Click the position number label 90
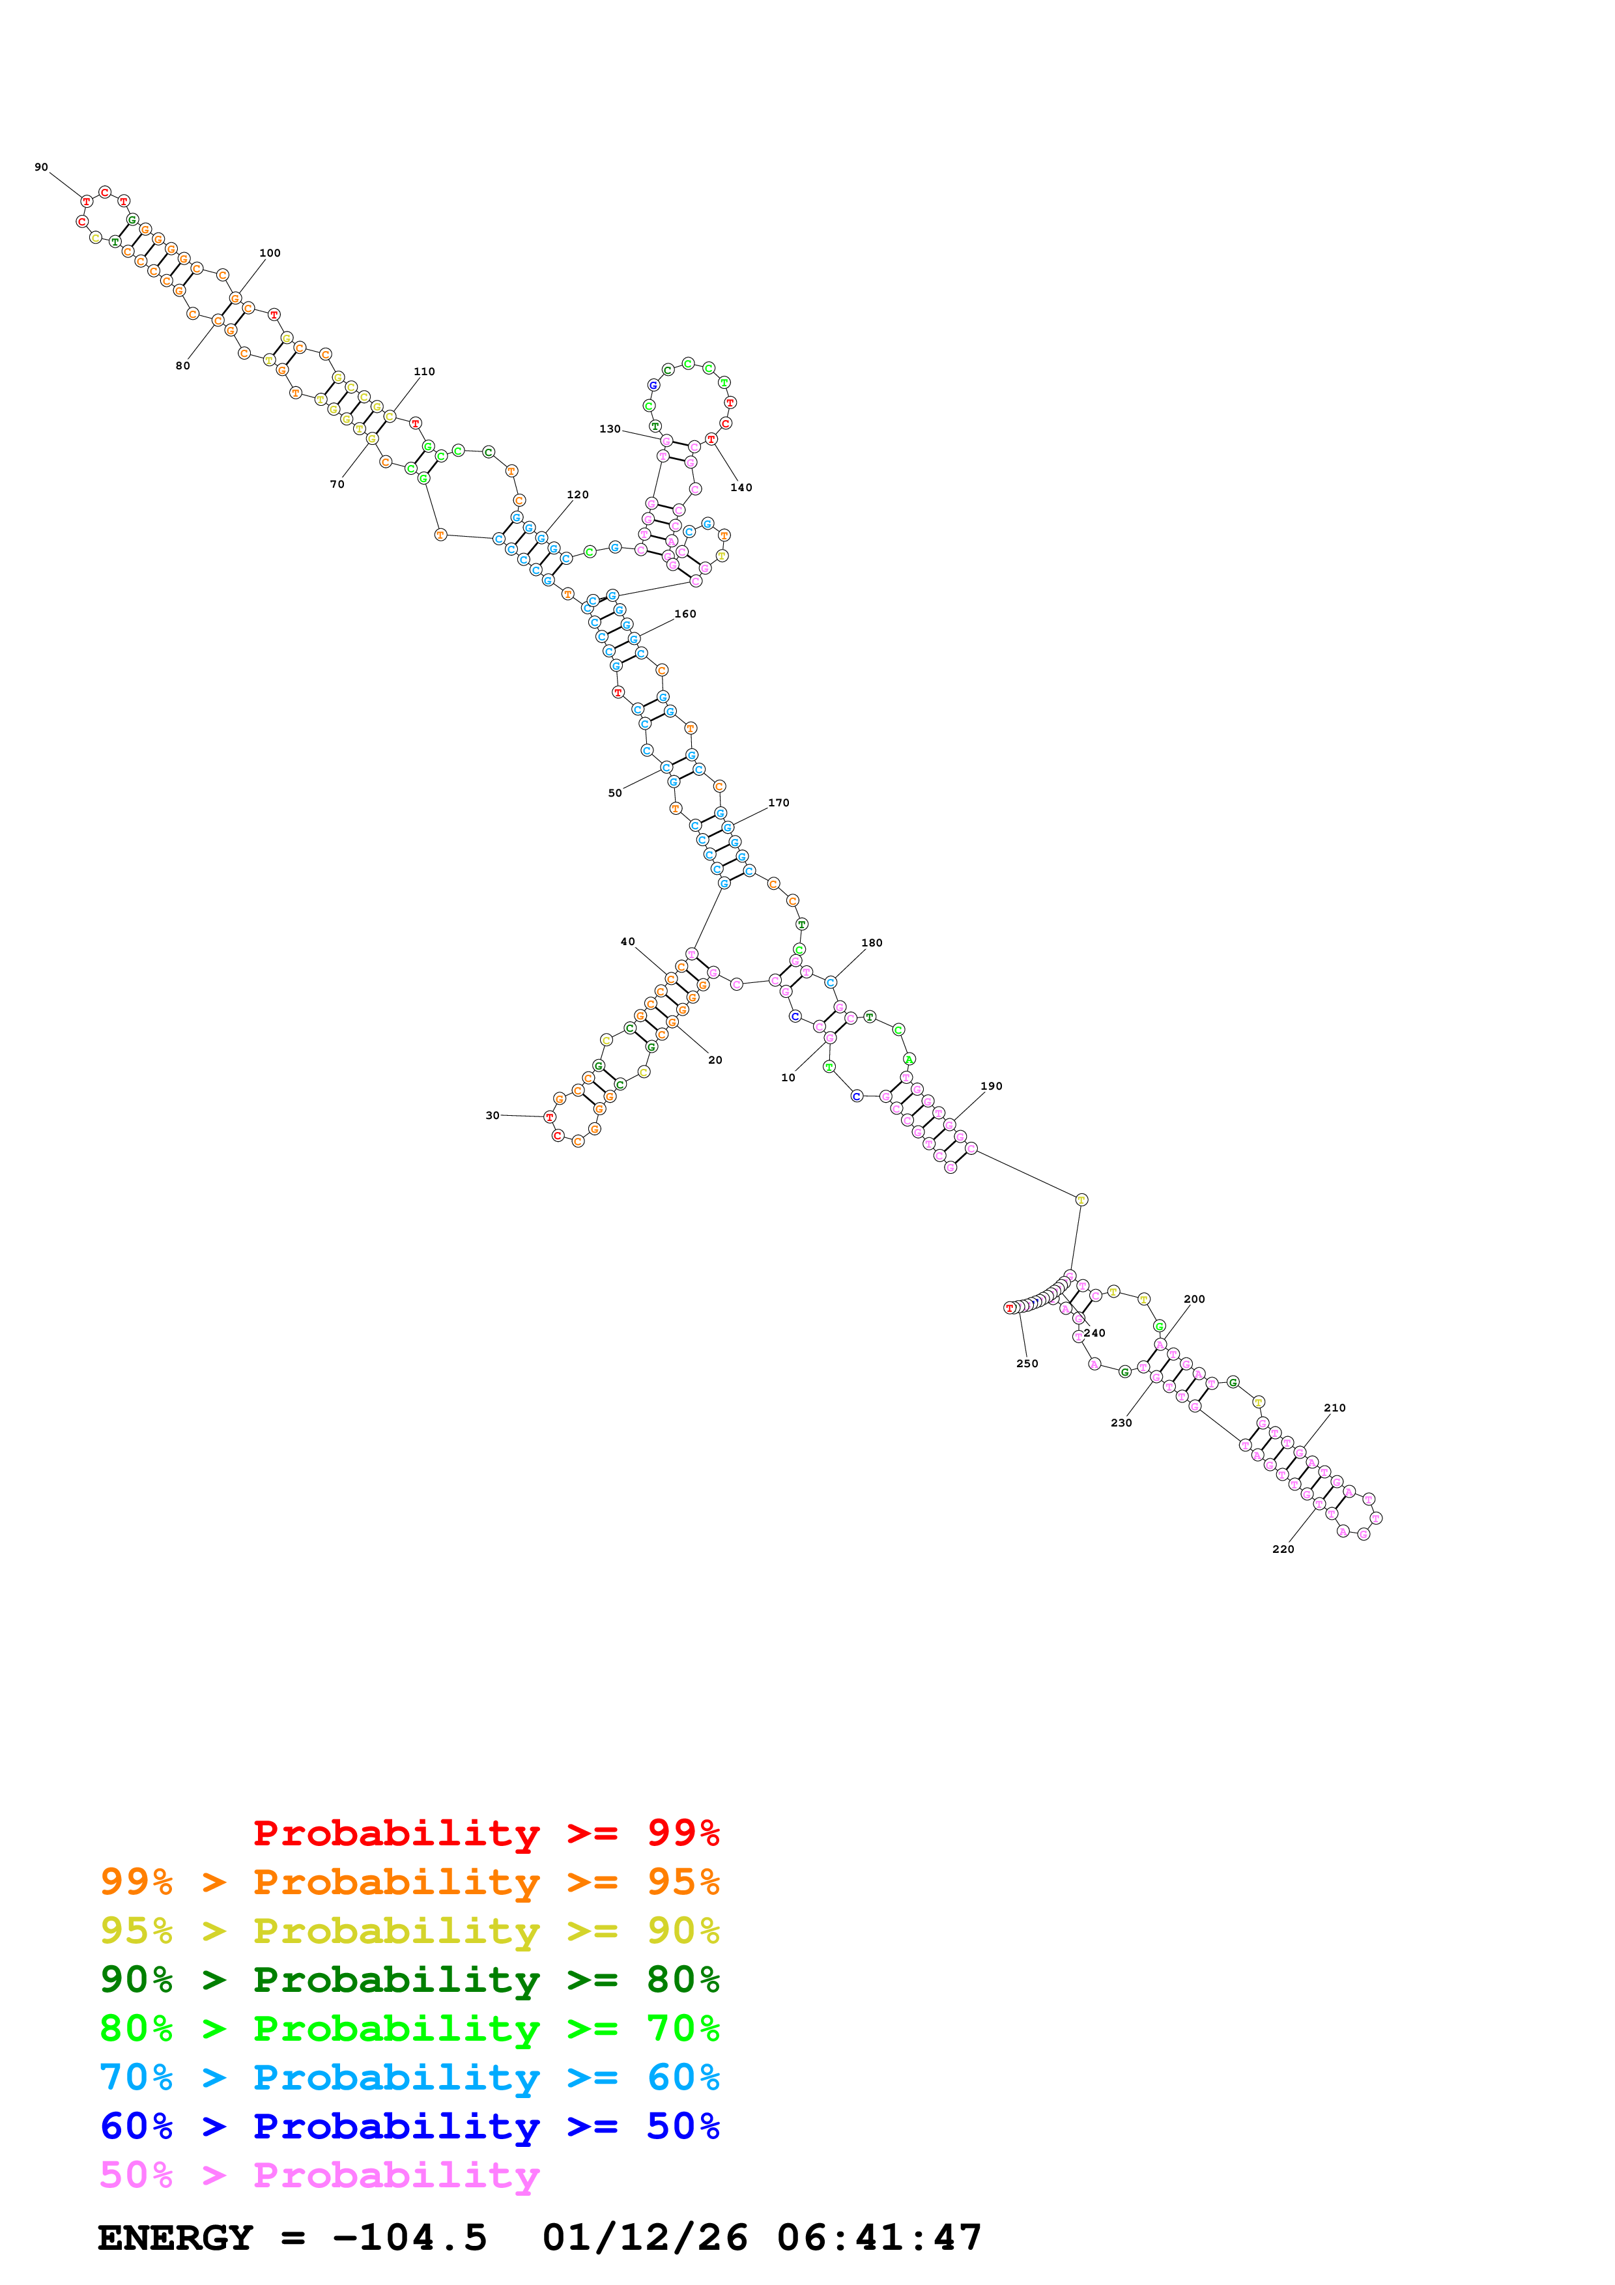coord(41,167)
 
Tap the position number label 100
coord(270,253)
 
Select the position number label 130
coord(609,429)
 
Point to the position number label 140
coord(741,488)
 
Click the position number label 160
coord(685,614)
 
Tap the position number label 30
coord(492,1116)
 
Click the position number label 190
coord(991,1086)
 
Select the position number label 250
coord(1027,1363)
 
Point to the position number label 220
coord(1283,1548)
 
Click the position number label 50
coord(615,793)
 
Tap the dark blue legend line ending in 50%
coord(409,2126)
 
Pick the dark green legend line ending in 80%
coord(409,1980)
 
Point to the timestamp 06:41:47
coord(879,2237)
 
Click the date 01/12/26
coord(645,2237)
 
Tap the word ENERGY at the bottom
coord(175,2237)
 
